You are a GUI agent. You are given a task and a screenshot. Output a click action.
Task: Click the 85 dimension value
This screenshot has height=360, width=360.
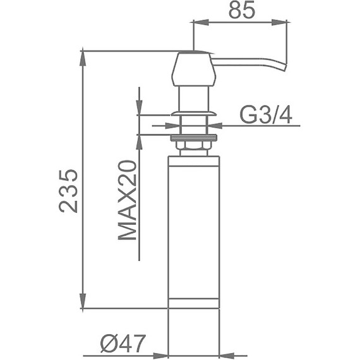click(242, 11)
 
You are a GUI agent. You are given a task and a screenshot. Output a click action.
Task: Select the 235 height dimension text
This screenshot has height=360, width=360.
click(68, 191)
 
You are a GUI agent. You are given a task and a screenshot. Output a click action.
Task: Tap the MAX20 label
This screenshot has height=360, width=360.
click(127, 200)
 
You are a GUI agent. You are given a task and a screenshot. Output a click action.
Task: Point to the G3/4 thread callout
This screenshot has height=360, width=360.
click(266, 116)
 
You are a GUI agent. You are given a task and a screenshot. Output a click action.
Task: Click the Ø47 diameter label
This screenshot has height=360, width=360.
click(123, 344)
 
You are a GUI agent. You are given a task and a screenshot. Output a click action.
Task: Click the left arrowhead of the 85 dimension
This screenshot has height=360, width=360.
click(201, 22)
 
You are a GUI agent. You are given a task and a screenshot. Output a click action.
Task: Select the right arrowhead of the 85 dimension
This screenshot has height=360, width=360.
click(279, 22)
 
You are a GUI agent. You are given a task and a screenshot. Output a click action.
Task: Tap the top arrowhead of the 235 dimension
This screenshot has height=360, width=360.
click(83, 58)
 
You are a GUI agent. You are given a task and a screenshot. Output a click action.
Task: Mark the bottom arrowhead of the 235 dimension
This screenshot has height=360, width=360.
click(83, 301)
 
